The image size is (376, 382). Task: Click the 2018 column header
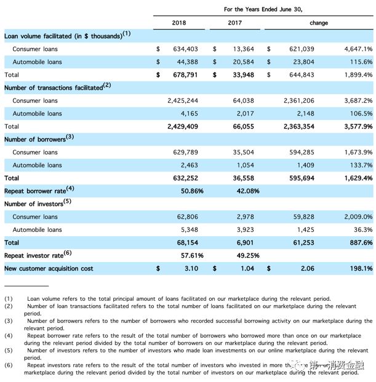179,23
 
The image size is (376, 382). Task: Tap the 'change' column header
319,23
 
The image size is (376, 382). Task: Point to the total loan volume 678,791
183,75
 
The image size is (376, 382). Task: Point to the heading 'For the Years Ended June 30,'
263,9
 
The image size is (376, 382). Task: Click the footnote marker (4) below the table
9,336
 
